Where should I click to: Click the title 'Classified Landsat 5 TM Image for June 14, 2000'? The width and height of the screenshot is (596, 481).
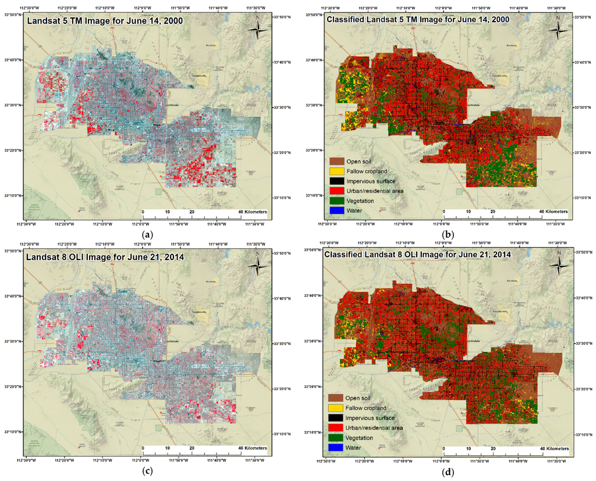coord(418,20)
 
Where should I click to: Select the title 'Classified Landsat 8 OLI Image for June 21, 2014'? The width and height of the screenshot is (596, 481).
coord(417,255)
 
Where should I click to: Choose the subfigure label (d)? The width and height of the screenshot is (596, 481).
coord(448,471)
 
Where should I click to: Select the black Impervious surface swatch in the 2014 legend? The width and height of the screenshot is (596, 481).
coord(336,418)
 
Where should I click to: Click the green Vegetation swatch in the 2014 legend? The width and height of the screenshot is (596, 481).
coord(336,437)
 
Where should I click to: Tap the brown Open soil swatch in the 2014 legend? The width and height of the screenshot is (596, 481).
coord(336,398)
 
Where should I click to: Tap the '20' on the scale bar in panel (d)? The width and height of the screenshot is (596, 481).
coord(492,449)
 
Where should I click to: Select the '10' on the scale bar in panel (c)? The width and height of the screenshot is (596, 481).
coord(168,448)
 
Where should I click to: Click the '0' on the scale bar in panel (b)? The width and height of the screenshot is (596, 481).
coord(444,212)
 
